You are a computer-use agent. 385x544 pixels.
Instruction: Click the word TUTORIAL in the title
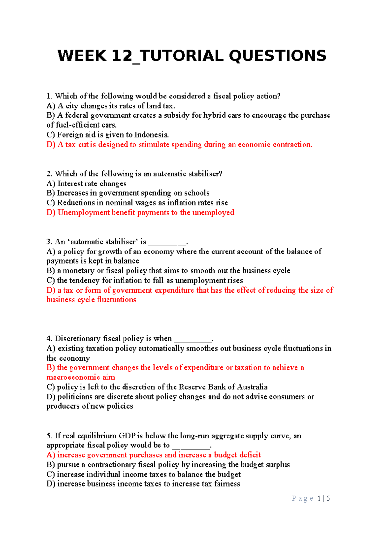tap(182, 56)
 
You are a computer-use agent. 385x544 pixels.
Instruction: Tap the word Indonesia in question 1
tap(151, 135)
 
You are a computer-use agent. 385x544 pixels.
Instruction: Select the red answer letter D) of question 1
tap(51, 145)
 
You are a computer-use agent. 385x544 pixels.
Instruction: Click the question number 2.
tap(49, 174)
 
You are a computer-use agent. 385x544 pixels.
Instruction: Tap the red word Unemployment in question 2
tap(83, 212)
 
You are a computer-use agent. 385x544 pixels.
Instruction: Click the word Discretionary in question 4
tap(77, 339)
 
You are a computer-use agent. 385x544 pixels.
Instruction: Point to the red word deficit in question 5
tap(250, 455)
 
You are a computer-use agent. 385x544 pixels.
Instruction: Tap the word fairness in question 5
tap(227, 484)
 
